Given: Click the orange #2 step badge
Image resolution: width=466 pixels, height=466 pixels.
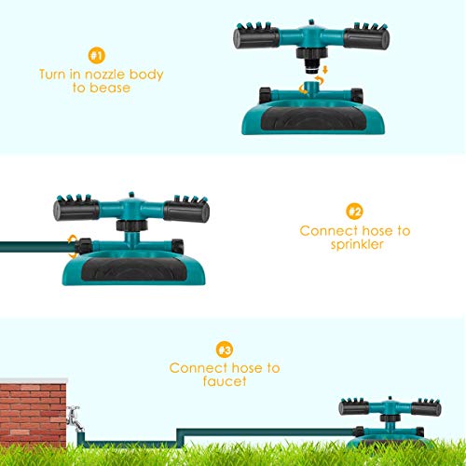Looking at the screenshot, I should tap(355, 211).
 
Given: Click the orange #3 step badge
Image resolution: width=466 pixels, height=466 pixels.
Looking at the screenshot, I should tap(225, 349).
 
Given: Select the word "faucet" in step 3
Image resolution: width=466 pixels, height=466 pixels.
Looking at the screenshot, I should tap(225, 383).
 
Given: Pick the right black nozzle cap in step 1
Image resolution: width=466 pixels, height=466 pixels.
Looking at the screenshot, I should tap(363, 38).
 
